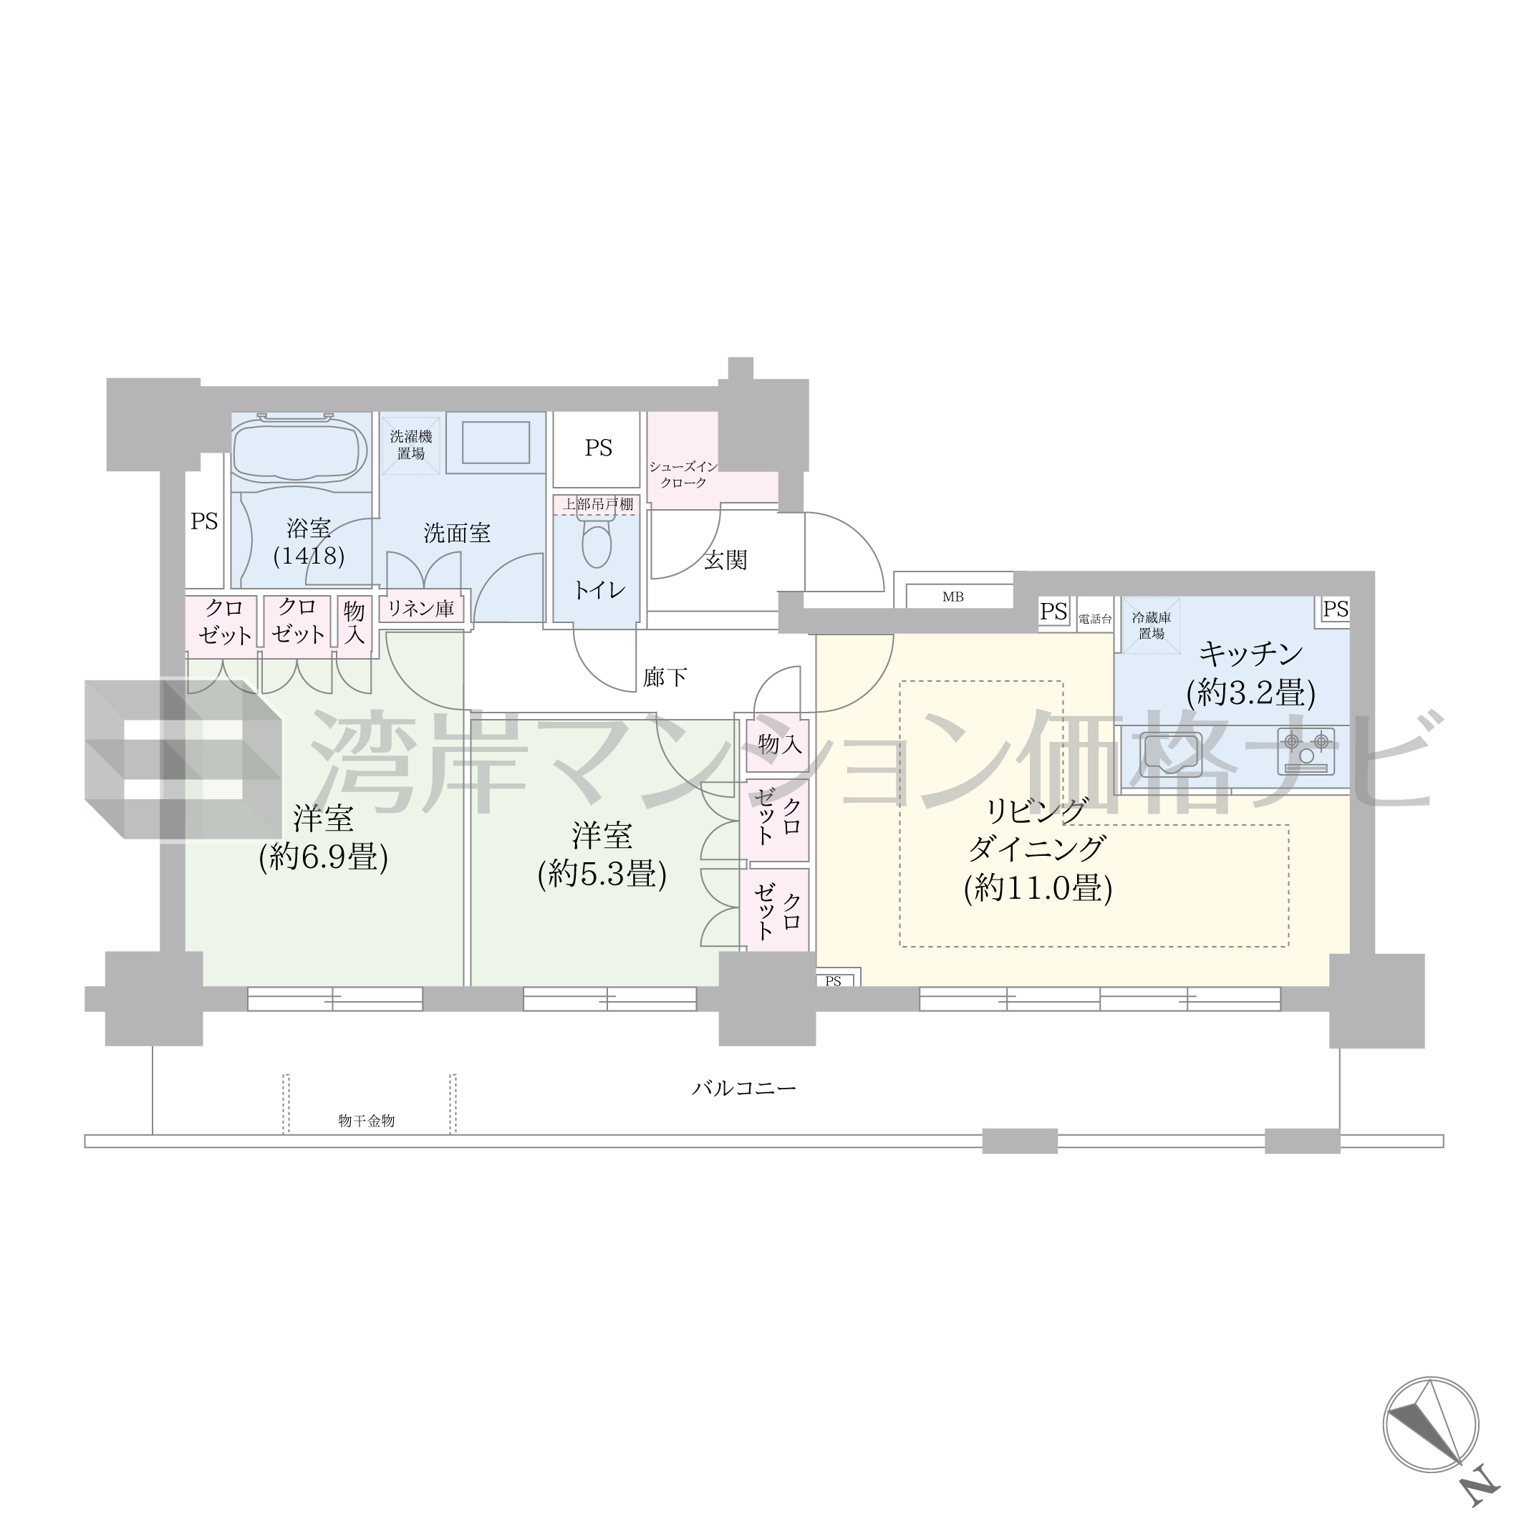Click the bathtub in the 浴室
(x=299, y=450)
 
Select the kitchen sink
(x=1169, y=752)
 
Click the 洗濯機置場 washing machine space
(x=411, y=445)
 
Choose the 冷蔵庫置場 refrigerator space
(x=1150, y=626)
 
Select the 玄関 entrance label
(x=725, y=561)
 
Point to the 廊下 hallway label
(x=665, y=677)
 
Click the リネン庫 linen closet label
(x=421, y=609)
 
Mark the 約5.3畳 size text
(x=602, y=874)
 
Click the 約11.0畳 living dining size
(x=1038, y=888)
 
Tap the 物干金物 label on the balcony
(x=366, y=1120)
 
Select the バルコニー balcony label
(x=743, y=1088)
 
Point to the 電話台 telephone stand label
(x=1095, y=619)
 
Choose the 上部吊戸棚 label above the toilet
(x=598, y=504)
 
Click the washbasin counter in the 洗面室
(x=496, y=443)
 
